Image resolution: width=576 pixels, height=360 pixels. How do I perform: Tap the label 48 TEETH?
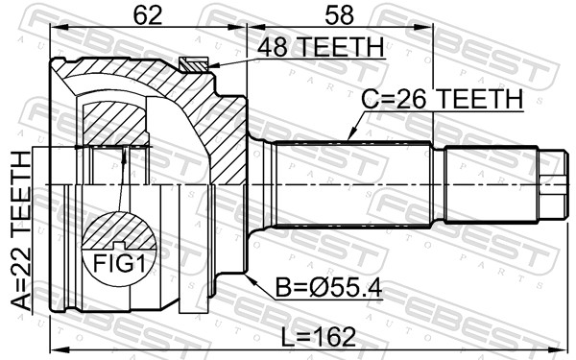(x=319, y=47)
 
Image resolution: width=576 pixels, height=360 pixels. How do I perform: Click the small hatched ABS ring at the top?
(x=194, y=64)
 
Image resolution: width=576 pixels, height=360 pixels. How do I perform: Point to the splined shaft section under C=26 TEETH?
(x=355, y=183)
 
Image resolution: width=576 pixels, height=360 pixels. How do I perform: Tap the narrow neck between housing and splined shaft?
(x=258, y=183)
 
